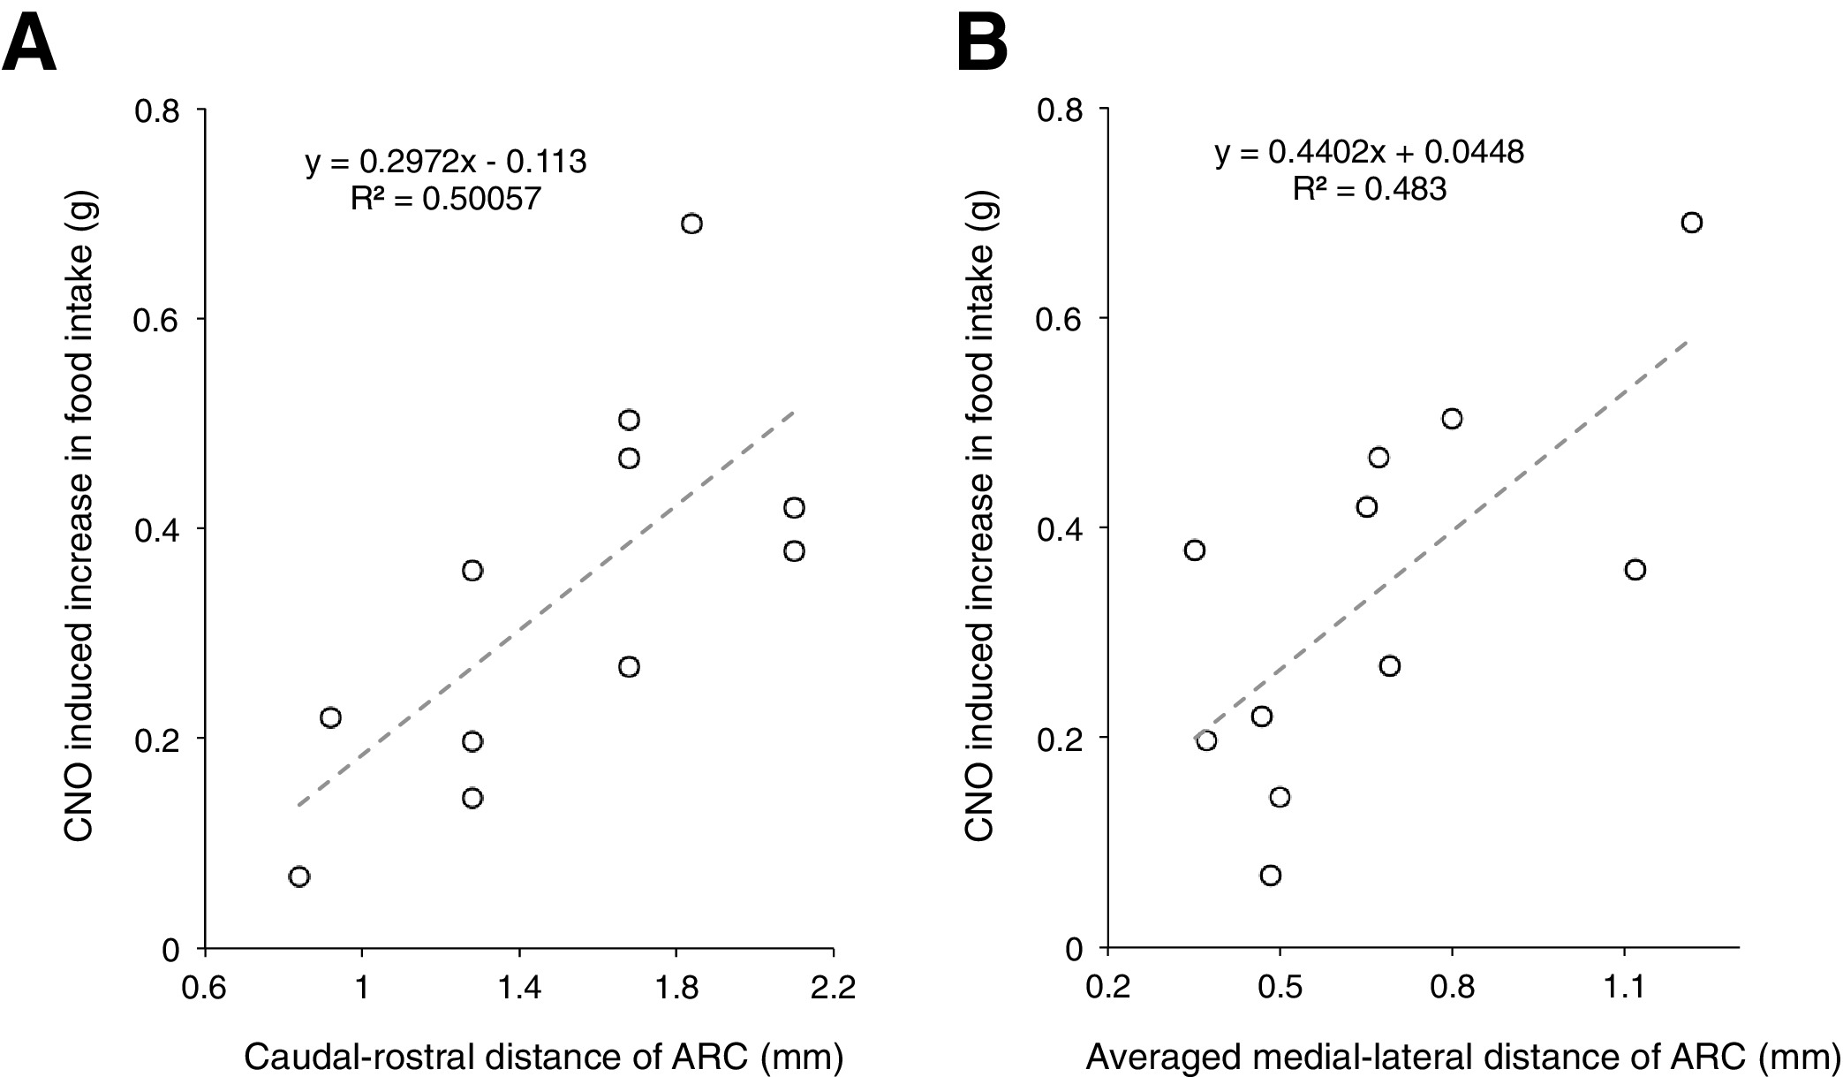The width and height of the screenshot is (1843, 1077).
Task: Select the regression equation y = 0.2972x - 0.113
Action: coord(446,162)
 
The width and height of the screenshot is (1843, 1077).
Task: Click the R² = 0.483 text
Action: coord(1370,188)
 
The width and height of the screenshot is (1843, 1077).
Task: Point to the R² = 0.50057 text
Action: coord(445,199)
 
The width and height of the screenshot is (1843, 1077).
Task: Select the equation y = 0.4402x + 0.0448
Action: coord(1370,152)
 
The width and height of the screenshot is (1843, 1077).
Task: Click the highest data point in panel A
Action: coord(691,224)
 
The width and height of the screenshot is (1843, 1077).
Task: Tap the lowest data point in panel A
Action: coord(299,876)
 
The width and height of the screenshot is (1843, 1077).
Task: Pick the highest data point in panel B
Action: coord(1691,223)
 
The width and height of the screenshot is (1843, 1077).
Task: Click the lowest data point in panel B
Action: coord(1271,875)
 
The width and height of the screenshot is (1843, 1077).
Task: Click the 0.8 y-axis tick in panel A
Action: coord(155,110)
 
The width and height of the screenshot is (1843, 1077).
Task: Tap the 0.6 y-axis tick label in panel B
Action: coord(1057,319)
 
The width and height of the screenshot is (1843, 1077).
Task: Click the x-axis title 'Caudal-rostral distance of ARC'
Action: coord(543,1056)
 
